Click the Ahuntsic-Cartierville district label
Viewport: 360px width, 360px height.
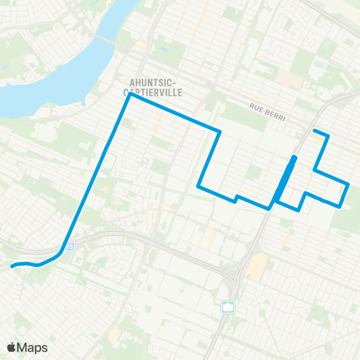point(156,83)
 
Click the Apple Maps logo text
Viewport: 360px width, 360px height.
point(33,347)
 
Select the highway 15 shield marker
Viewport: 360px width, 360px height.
point(70,244)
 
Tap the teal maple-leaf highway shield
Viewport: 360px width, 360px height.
point(227,306)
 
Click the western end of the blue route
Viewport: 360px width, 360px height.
point(12,265)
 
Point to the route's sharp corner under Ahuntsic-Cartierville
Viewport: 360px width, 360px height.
point(130,94)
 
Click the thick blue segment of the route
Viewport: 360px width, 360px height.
point(285,178)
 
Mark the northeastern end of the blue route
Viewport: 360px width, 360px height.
point(313,132)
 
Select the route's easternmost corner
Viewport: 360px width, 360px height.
point(349,184)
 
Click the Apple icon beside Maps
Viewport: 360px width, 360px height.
point(12,347)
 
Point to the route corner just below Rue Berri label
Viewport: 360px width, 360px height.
point(219,133)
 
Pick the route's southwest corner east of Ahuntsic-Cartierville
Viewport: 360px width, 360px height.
point(198,186)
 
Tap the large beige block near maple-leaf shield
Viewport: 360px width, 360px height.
point(258,263)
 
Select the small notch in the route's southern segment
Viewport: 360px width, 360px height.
point(236,198)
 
